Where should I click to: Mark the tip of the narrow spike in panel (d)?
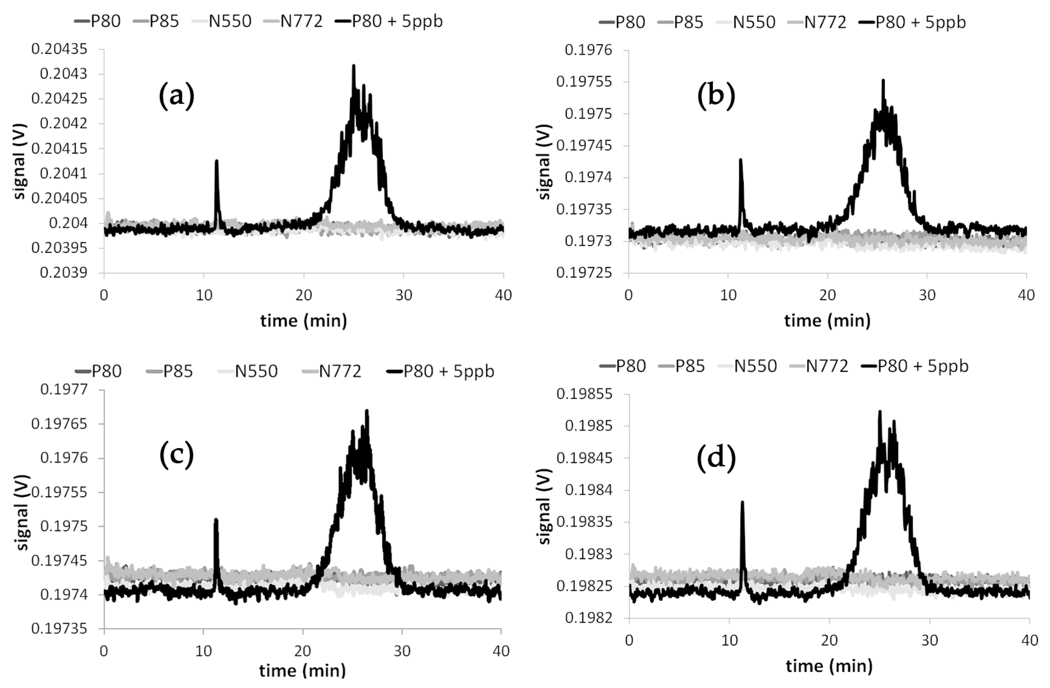(742, 502)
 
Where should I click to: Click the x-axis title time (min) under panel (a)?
(304, 320)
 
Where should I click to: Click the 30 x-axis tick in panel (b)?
(927, 295)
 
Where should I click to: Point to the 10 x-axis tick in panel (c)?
(203, 651)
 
